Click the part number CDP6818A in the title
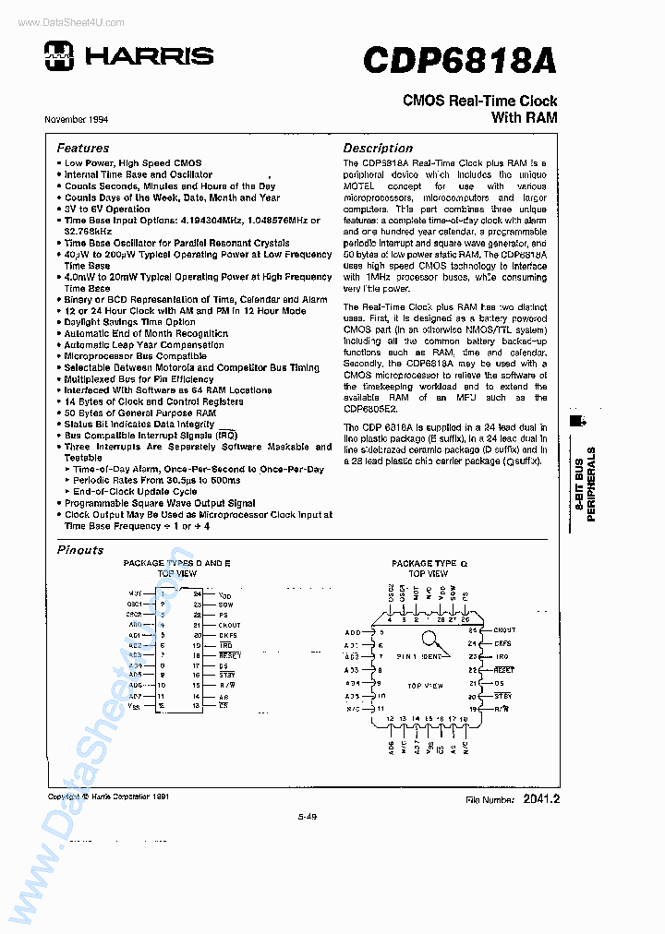pos(459,60)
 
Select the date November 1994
pos(77,120)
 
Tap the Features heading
pos(82,148)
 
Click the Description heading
pos(378,148)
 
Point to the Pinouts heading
pos(80,550)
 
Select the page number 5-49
pos(308,815)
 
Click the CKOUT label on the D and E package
pos(229,625)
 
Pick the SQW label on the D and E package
pos(224,605)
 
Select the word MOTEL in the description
pos(359,186)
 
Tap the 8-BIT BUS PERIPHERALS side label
pos(586,484)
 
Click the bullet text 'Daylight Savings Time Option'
pos(129,322)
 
